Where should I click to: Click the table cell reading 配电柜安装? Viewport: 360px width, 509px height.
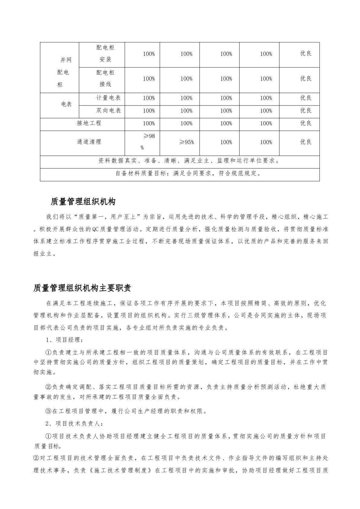[105, 54]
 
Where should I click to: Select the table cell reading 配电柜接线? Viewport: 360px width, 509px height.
[105, 79]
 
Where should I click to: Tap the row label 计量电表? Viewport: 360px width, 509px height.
[108, 98]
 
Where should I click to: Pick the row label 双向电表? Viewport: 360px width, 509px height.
[108, 111]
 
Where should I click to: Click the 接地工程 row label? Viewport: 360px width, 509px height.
[89, 123]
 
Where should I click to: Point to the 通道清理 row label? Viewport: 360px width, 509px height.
[89, 142]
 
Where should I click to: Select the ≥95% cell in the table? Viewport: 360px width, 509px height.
[186, 142]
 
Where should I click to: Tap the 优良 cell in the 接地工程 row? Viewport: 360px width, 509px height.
[306, 123]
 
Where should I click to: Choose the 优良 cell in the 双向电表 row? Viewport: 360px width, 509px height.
[306, 111]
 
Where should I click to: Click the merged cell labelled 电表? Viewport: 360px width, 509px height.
[66, 104]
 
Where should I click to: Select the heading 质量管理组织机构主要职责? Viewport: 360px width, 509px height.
[82, 288]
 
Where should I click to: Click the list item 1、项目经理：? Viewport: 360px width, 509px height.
[64, 340]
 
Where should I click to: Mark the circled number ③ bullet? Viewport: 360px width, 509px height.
[49, 411]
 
